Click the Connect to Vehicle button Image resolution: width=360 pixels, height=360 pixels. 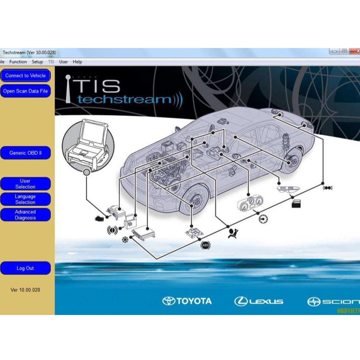point(25,76)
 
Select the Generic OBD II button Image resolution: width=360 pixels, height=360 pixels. point(25,153)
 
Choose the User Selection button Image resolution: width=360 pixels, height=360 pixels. point(25,184)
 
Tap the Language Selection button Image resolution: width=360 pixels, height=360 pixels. point(25,199)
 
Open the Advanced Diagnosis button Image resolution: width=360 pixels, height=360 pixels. point(25,215)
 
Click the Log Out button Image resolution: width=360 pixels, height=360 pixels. point(25,268)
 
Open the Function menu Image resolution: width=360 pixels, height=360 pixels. point(18,62)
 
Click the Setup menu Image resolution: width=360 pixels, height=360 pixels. point(37,62)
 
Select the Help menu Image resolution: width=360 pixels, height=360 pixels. point(77,62)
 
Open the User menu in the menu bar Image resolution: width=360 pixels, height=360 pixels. point(64,62)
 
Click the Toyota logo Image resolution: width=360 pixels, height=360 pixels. point(187,301)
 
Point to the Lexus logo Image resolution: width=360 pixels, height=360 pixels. point(259,301)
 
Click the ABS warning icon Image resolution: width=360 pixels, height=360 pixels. point(205,245)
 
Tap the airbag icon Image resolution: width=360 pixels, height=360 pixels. point(232,233)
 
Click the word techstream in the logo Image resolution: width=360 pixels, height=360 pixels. point(125,99)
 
